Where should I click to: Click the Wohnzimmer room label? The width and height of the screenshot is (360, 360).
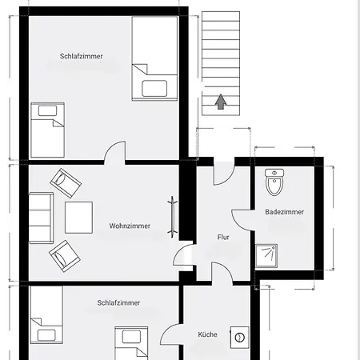click(x=130, y=226)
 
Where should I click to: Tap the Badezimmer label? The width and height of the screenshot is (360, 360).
click(x=284, y=212)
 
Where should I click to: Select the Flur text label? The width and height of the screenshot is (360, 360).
click(x=223, y=237)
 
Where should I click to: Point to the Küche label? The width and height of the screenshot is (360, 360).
click(x=207, y=334)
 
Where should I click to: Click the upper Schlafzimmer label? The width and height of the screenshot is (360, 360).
click(x=81, y=56)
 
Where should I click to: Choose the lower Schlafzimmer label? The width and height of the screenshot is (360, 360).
click(x=118, y=303)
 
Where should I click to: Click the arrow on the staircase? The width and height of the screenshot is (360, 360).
click(x=221, y=102)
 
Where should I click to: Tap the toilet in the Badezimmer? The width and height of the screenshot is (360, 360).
click(x=274, y=182)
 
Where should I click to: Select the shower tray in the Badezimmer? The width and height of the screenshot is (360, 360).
click(x=266, y=256)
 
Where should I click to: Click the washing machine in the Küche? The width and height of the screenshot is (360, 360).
click(x=239, y=338)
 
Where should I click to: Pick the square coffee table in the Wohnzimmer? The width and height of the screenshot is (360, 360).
click(x=78, y=218)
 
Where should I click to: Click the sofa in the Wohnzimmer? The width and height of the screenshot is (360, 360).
click(x=41, y=218)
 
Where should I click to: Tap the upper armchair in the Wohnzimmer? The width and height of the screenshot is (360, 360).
click(x=66, y=183)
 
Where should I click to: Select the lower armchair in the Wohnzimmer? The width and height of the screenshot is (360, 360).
click(x=65, y=256)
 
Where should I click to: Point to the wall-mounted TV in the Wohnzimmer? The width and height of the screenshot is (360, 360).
click(x=173, y=217)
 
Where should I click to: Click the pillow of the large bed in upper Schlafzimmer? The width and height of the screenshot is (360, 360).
click(x=154, y=88)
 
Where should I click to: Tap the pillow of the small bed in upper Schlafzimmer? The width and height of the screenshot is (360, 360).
click(x=47, y=110)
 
